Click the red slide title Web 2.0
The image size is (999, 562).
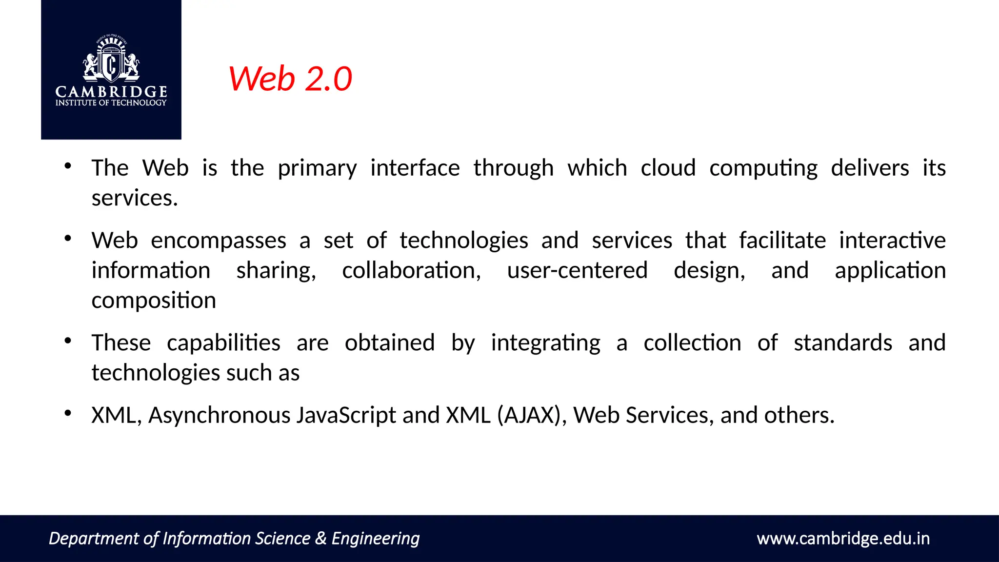pos(290,79)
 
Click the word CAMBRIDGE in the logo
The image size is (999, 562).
pos(111,92)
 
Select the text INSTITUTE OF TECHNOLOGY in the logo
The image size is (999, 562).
pos(111,103)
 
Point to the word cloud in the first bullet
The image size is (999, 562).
pos(668,168)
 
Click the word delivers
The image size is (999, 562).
pos(870,168)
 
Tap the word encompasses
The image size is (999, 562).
pos(219,241)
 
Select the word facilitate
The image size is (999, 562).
pos(782,240)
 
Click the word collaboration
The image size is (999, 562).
pos(411,271)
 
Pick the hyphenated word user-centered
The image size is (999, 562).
pos(577,270)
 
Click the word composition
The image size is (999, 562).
pos(154,301)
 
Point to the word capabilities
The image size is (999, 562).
pos(223,343)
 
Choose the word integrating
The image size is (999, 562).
pos(545,343)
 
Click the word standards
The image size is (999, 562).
pos(843,342)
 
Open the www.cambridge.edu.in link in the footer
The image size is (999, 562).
pos(843,539)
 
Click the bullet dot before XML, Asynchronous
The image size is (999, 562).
pos(68,414)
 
